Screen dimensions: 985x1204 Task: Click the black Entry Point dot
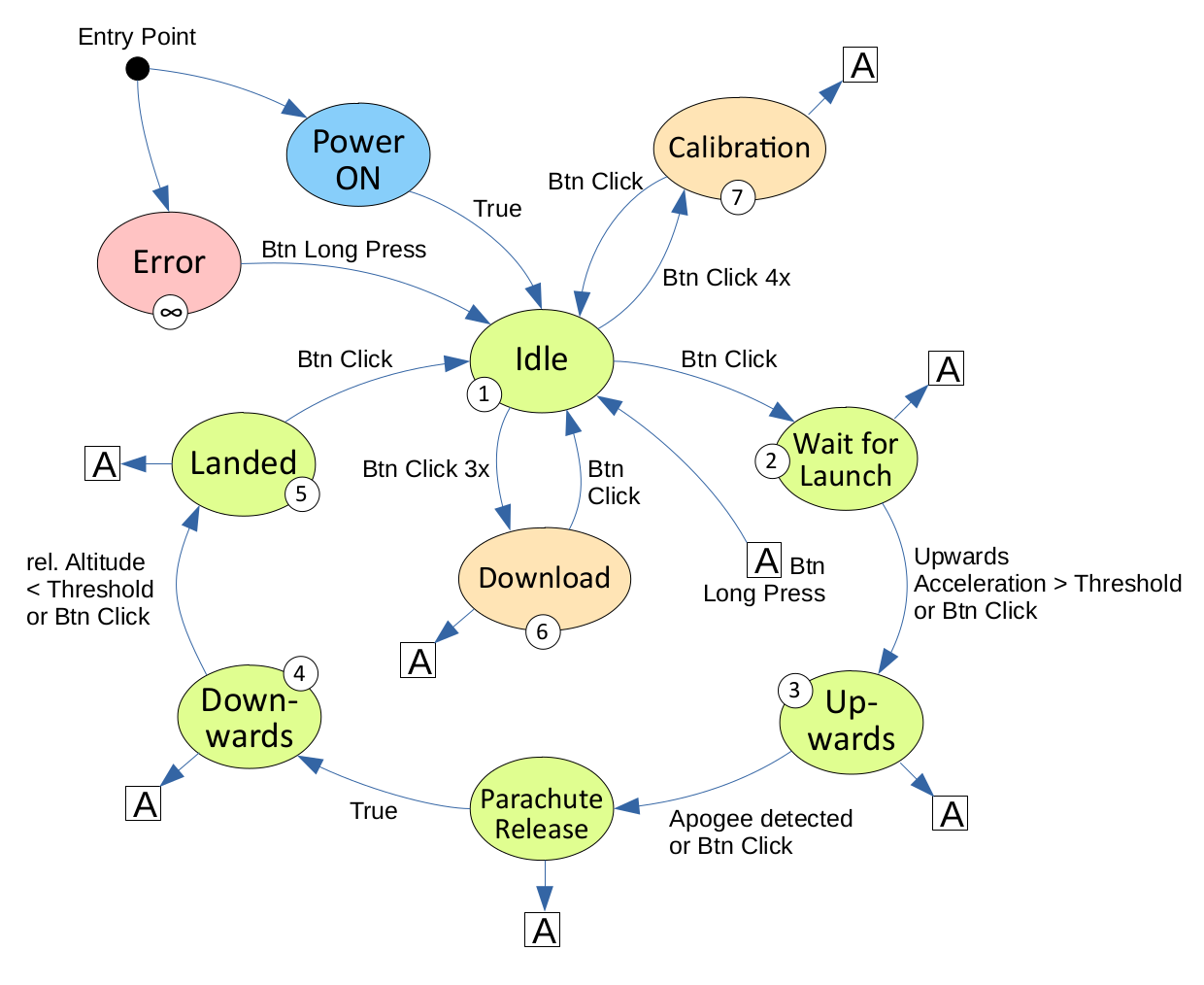coord(138,69)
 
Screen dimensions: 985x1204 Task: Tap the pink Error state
coord(169,262)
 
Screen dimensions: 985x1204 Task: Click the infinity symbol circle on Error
coord(171,313)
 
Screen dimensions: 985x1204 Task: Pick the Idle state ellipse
coord(542,359)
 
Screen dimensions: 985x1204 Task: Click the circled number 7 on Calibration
coord(738,198)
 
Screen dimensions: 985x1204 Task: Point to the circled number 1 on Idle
coord(484,394)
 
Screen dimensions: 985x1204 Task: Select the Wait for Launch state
coord(846,459)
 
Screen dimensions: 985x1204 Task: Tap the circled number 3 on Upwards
coord(794,691)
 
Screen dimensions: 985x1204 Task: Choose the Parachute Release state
coord(542,813)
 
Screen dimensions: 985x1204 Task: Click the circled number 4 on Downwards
coord(299,673)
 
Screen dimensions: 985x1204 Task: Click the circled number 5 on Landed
coord(301,494)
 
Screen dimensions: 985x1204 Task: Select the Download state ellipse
coord(544,578)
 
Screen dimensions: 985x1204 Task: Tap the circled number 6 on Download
coord(542,632)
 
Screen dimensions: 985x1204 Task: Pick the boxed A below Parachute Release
coord(543,930)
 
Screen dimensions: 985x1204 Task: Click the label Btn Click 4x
coord(726,278)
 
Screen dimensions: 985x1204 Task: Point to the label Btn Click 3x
coord(425,469)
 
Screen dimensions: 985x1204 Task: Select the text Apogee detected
coord(760,819)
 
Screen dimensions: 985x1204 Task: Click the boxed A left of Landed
coord(103,464)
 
